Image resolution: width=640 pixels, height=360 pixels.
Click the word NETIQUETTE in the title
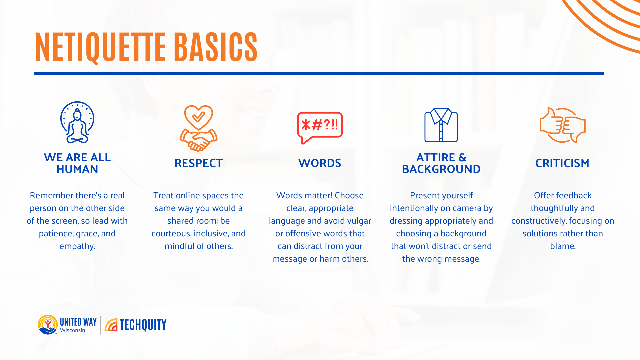100,47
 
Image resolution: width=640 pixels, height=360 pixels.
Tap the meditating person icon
77,123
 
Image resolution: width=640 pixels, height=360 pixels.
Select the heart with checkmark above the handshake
199,117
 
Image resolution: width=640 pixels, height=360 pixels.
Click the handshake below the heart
199,140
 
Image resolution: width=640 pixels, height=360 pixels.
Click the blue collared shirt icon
441,125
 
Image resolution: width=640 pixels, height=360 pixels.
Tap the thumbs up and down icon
562,125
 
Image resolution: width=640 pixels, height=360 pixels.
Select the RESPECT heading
199,163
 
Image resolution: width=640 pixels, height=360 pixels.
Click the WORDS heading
320,163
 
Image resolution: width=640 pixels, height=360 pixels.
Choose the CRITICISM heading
562,163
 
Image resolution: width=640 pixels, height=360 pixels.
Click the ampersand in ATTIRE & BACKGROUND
462,157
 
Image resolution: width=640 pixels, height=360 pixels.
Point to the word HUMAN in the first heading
77,169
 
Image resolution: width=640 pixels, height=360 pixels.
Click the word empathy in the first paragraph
77,246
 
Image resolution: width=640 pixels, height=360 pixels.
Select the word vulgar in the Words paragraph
359,221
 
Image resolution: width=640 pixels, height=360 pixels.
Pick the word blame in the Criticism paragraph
562,246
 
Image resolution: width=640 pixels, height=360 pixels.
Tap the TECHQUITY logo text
143,325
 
